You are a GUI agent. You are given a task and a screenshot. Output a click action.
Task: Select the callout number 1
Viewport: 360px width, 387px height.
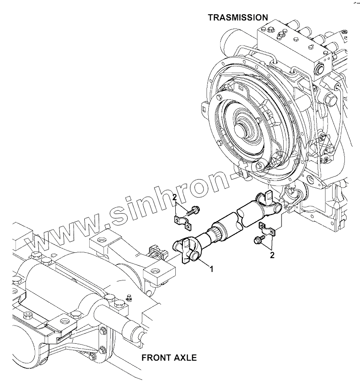pos(212,269)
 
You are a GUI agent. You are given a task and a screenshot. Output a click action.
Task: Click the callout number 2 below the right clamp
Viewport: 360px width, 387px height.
pos(272,255)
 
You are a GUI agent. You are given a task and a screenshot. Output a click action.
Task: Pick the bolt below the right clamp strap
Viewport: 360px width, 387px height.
pos(257,240)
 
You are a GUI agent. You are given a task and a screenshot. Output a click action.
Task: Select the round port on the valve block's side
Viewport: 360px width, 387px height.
pos(319,68)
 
